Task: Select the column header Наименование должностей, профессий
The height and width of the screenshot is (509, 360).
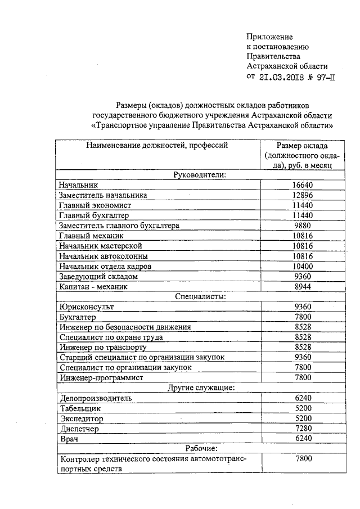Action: tap(156, 145)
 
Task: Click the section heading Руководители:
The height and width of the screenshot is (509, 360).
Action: tap(200, 175)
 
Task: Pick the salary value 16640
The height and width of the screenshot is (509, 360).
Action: tap(303, 185)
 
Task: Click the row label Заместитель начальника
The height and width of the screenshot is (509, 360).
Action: tap(103, 195)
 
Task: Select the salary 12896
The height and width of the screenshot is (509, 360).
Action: tap(303, 195)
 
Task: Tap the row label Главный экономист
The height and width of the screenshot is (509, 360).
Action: tap(94, 205)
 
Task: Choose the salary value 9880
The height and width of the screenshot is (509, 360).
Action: tap(303, 226)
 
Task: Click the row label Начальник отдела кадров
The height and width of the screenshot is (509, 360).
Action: tap(105, 266)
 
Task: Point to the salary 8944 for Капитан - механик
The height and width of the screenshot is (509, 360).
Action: tap(303, 286)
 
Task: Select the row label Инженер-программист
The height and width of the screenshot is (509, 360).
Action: tap(101, 377)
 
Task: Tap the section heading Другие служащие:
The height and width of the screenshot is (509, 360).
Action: tap(200, 388)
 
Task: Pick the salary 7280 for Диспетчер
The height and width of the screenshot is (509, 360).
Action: tap(303, 429)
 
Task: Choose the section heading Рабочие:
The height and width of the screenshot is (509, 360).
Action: tap(200, 448)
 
